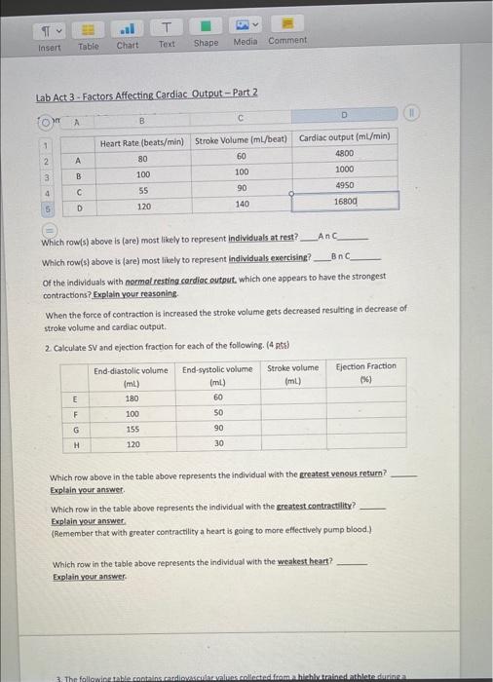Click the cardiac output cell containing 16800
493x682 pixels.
pos(346,201)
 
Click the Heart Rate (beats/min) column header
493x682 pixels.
pos(142,140)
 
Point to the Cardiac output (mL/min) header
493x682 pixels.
pos(345,137)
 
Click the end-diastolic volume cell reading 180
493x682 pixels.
pos(131,398)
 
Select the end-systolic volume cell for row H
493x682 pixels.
pos(218,443)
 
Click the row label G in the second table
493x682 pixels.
pos(75,429)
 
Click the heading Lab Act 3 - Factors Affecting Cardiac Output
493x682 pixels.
pos(146,93)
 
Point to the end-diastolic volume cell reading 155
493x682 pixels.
pos(131,428)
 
